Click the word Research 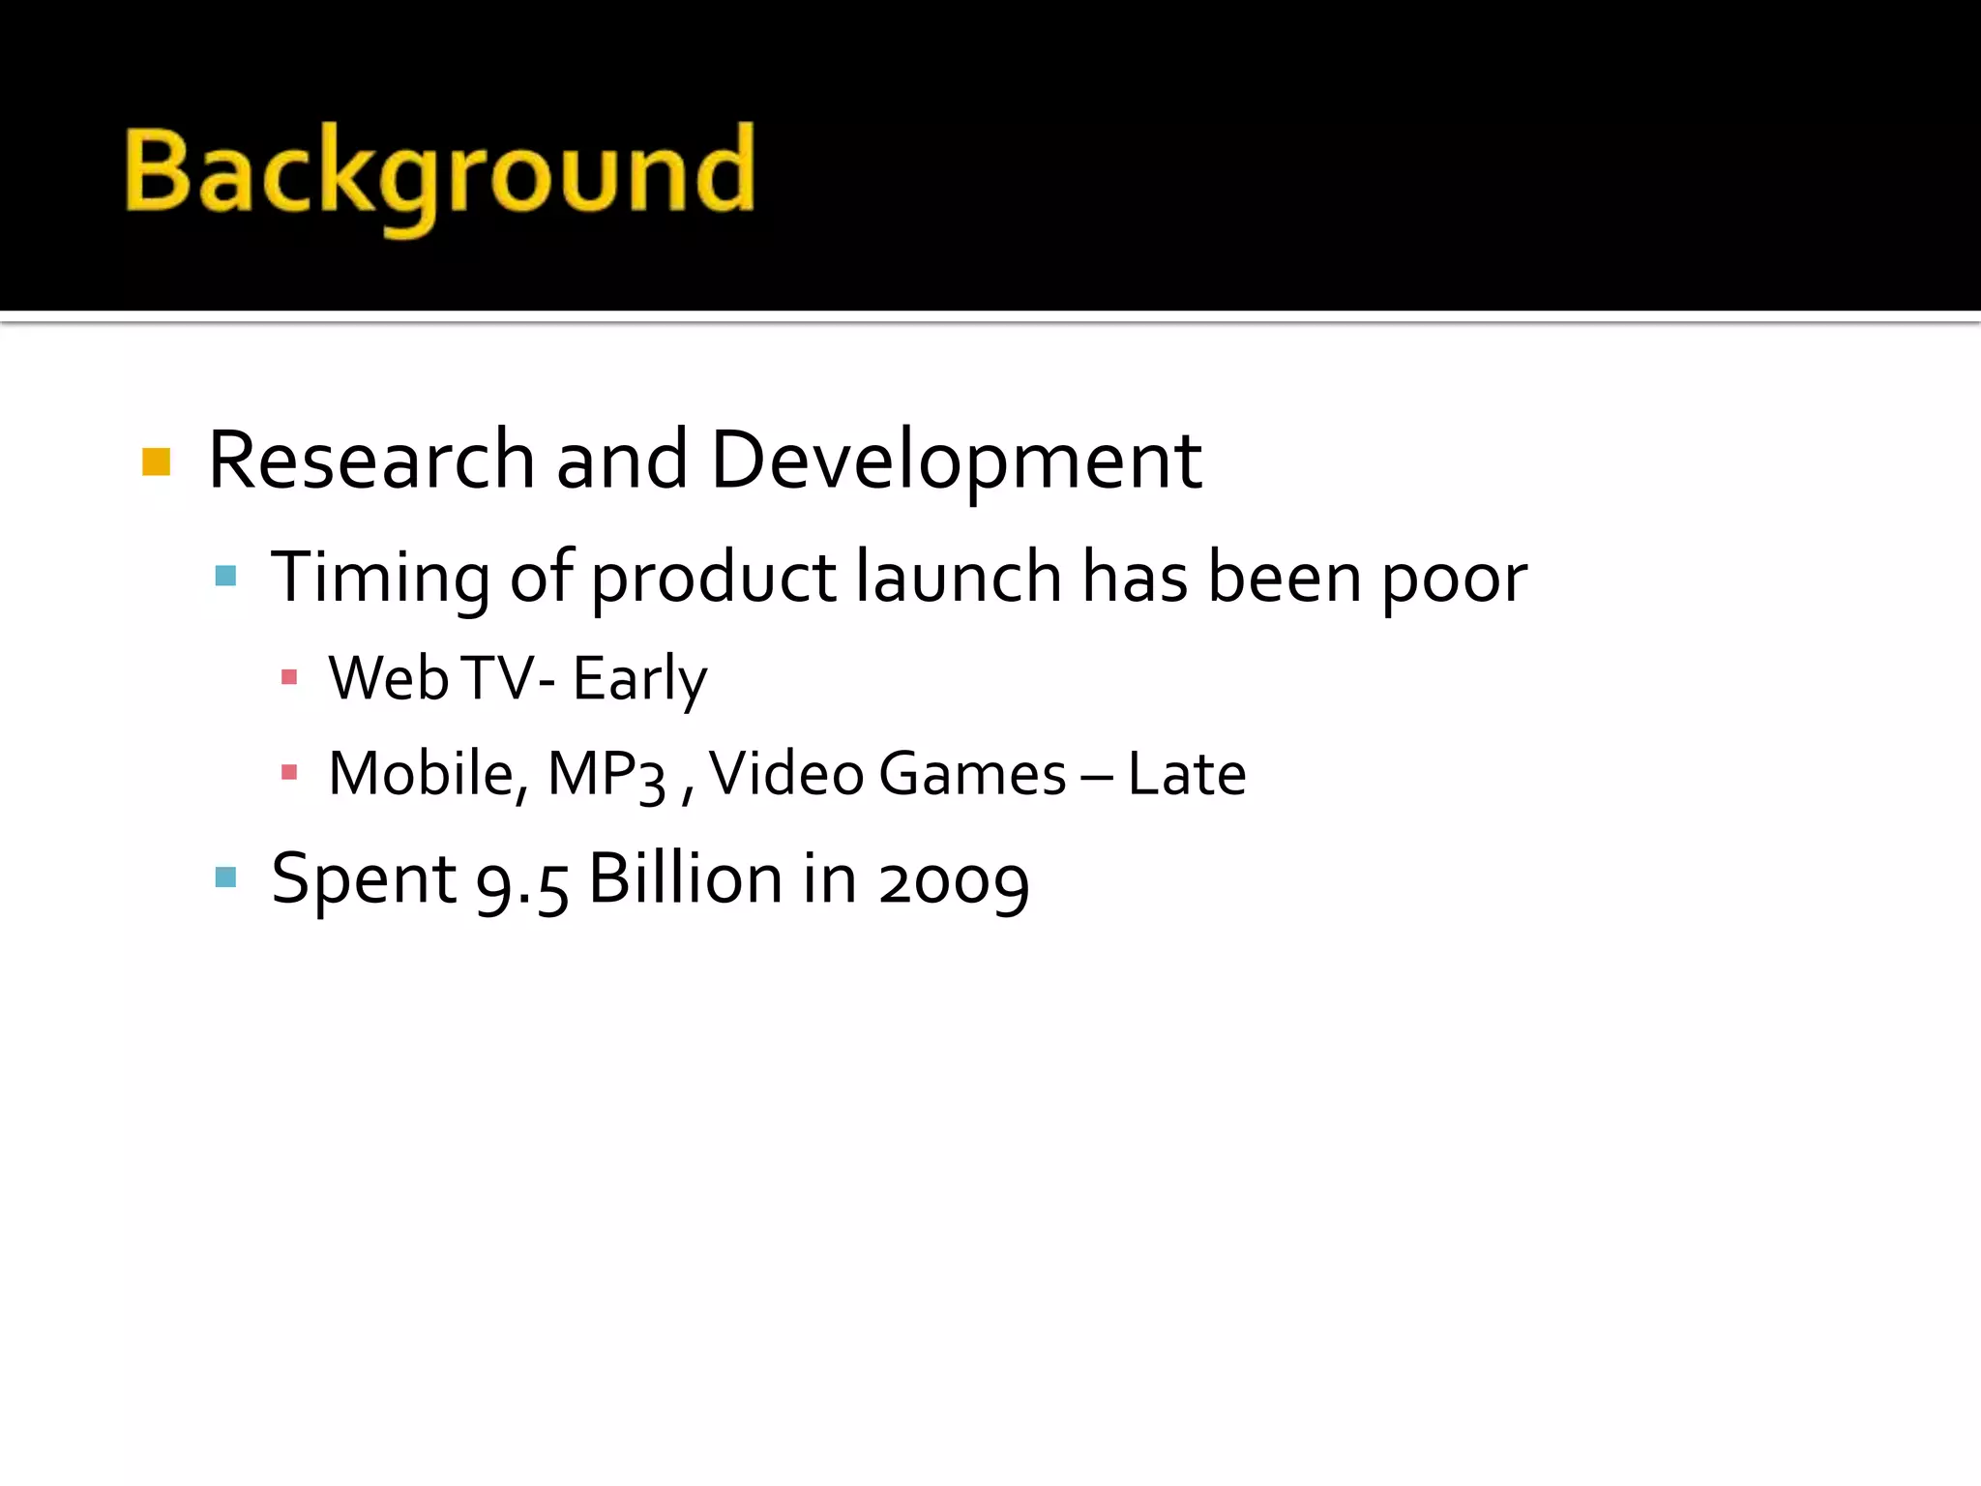tap(371, 461)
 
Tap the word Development tap(956, 462)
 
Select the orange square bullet tap(156, 462)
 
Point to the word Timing tap(380, 579)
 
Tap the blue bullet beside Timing tap(225, 577)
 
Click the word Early tap(639, 679)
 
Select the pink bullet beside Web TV tap(288, 677)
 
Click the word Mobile tap(427, 774)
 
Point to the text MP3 tap(606, 775)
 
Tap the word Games tap(972, 774)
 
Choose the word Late tap(1187, 774)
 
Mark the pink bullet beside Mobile tap(288, 772)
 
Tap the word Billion tap(686, 879)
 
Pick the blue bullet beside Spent tap(225, 877)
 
